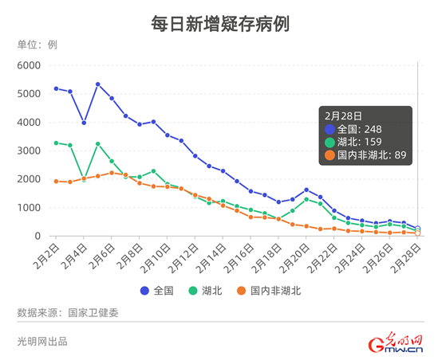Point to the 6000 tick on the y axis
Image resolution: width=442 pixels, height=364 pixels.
pos(30,65)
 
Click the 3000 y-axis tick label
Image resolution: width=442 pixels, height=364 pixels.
pos(30,151)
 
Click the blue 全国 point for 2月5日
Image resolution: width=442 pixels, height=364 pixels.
pos(97,84)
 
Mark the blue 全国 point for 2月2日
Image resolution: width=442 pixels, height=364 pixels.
pos(56,88)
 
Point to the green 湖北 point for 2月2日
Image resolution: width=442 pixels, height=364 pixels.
pos(56,143)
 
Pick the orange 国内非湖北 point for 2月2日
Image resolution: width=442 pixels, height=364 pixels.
pos(56,181)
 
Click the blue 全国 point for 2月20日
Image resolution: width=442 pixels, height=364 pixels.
pos(306,190)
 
